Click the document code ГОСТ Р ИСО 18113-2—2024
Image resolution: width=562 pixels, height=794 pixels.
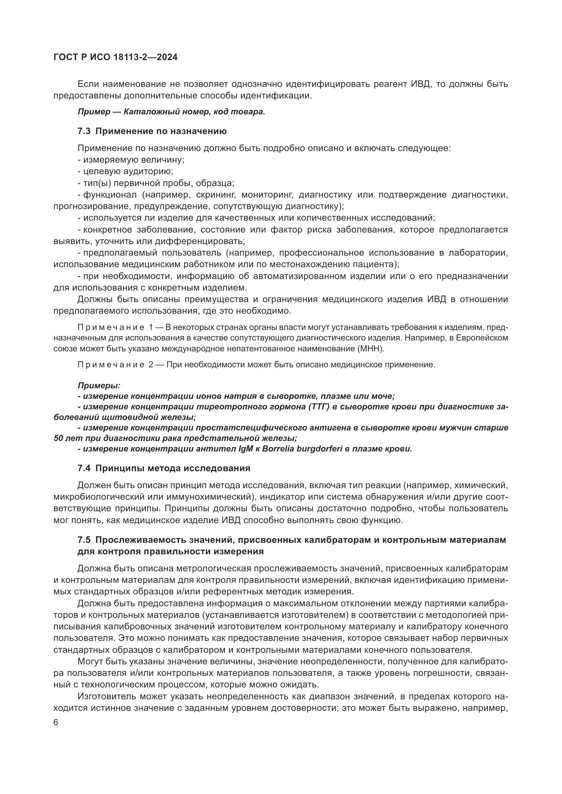(116, 57)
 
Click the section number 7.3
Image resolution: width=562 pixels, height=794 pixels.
(84, 131)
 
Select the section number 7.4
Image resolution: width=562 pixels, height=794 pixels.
(84, 468)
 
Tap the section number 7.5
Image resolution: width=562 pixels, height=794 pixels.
(84, 540)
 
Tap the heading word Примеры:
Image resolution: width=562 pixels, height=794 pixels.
(99, 385)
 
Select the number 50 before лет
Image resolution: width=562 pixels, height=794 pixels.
(59, 439)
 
